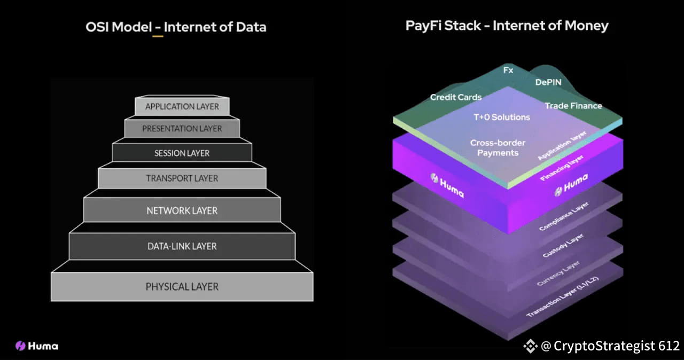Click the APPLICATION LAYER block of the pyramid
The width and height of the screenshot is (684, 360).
click(x=182, y=106)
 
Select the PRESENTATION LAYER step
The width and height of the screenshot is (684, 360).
click(x=182, y=128)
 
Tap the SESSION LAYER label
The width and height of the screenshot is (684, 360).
click(x=182, y=153)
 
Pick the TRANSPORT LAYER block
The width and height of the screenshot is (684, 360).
click(x=182, y=178)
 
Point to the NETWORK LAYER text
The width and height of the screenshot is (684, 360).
click(x=182, y=210)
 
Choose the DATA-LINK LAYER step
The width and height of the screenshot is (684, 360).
click(x=182, y=246)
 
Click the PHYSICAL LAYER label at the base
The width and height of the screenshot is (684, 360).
click(x=182, y=287)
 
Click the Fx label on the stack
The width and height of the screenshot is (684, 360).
click(x=508, y=70)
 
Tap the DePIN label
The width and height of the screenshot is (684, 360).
click(x=548, y=82)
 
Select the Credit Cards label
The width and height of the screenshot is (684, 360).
click(x=456, y=97)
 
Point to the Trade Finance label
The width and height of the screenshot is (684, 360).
click(x=573, y=106)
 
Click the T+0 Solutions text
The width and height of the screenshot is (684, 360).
click(x=502, y=117)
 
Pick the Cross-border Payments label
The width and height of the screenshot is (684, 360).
click(x=498, y=147)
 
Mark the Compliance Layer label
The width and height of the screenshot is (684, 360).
click(x=564, y=216)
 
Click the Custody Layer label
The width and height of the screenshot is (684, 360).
click(x=563, y=245)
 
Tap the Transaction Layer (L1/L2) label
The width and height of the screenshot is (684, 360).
click(x=562, y=296)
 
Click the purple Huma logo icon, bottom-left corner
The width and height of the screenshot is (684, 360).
click(x=20, y=346)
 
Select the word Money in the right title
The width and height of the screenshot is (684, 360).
click(x=586, y=26)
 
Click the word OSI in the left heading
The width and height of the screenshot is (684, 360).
click(x=97, y=27)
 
